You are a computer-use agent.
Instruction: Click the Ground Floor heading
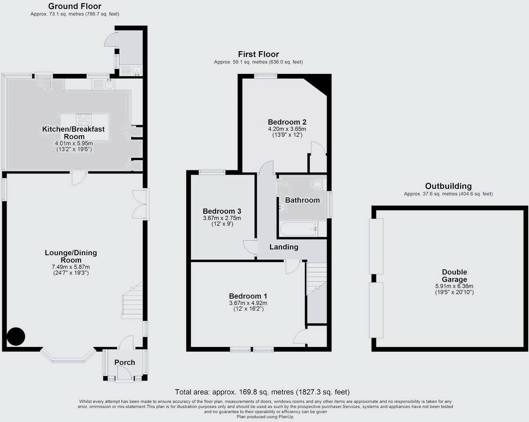coord(75,6)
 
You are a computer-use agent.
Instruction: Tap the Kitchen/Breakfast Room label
coord(74,132)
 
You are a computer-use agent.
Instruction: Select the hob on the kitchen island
coord(84,119)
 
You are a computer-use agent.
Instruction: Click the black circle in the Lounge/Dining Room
coord(16,336)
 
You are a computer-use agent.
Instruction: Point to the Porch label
coord(125,363)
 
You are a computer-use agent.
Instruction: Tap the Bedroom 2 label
coord(287,122)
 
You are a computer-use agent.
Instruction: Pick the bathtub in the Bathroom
coord(297,229)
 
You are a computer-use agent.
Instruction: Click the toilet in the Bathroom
coord(318,184)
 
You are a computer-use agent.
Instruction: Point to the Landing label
coord(284,247)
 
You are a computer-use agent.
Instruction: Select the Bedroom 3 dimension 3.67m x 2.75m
coord(222,218)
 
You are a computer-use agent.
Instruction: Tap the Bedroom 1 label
coord(248,296)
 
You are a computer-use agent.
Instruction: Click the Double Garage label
coord(454,275)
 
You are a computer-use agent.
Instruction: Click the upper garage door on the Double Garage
coord(376,246)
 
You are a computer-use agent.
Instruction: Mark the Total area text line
coord(262,392)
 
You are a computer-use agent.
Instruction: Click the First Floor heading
coord(258,54)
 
